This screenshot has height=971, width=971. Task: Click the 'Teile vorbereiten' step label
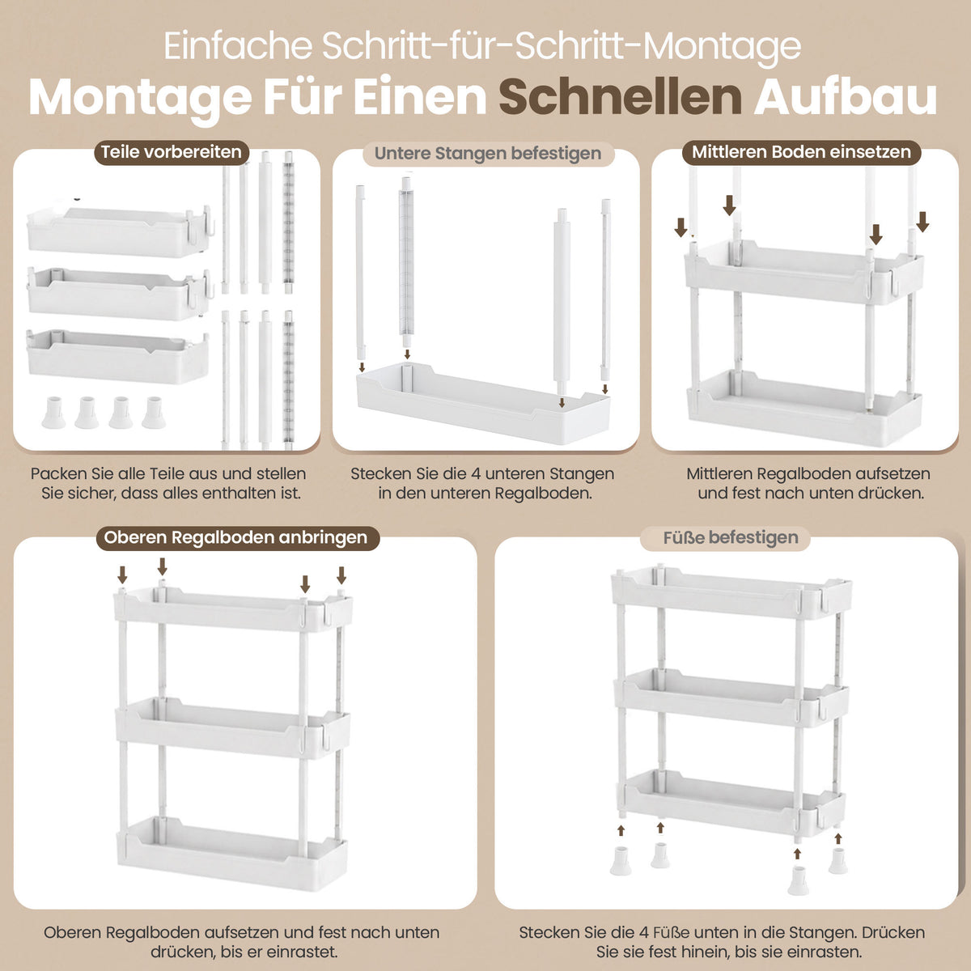pyautogui.click(x=172, y=152)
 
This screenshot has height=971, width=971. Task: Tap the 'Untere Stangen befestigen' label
pyautogui.click(x=488, y=153)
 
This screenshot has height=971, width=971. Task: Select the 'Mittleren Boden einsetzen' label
pyautogui.click(x=801, y=152)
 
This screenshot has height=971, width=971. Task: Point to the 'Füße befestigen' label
pyautogui.click(x=731, y=537)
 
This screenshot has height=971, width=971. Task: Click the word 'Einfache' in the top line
pyautogui.click(x=238, y=46)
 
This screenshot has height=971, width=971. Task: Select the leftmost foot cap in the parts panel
pyautogui.click(x=53, y=412)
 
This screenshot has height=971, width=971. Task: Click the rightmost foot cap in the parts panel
pyautogui.click(x=154, y=412)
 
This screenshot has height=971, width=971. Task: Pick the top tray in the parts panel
pyautogui.click(x=120, y=231)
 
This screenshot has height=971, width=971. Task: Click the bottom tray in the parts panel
pyautogui.click(x=117, y=357)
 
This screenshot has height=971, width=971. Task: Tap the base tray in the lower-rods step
pyautogui.click(x=483, y=404)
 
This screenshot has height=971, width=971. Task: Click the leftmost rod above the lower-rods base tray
pyautogui.click(x=360, y=271)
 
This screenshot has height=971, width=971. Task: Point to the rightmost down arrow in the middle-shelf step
pyautogui.click(x=922, y=222)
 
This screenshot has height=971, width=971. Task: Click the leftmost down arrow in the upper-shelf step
pyautogui.click(x=122, y=575)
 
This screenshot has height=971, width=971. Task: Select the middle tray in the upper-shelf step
pyautogui.click(x=233, y=728)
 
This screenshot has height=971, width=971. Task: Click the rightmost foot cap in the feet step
pyautogui.click(x=838, y=861)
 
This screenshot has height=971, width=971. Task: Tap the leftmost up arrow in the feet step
pyautogui.click(x=621, y=830)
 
